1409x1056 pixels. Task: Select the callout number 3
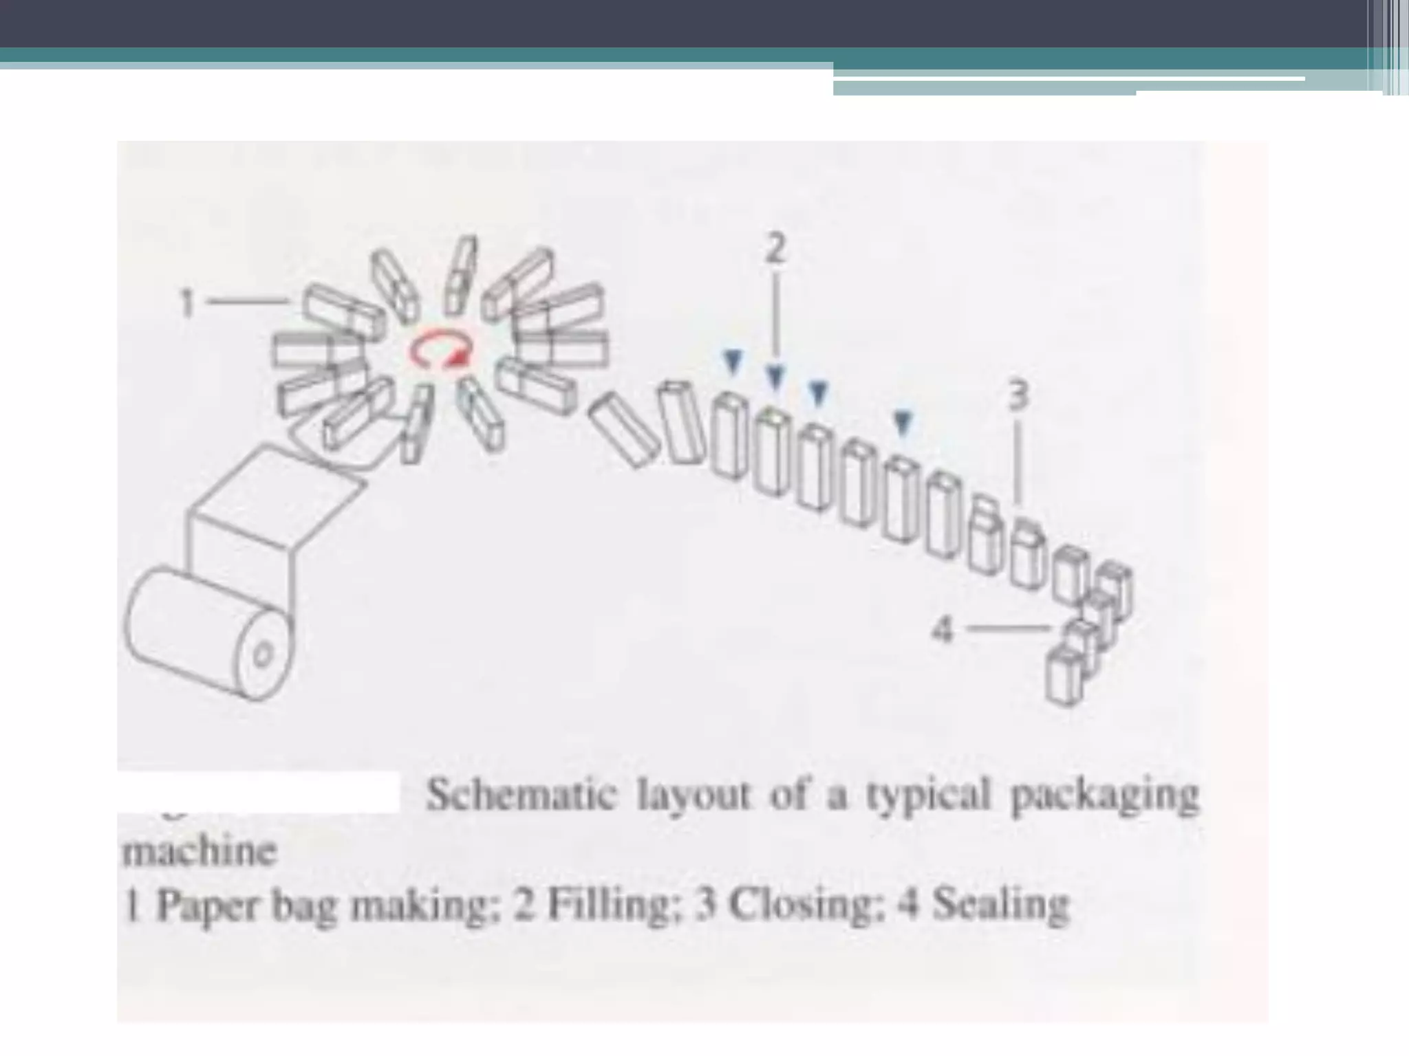1020,396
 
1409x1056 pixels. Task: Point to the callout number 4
943,628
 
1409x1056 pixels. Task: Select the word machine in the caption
199,852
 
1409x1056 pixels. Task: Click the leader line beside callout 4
1009,627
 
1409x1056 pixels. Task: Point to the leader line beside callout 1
248,300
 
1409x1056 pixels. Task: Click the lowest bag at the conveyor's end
1065,675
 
